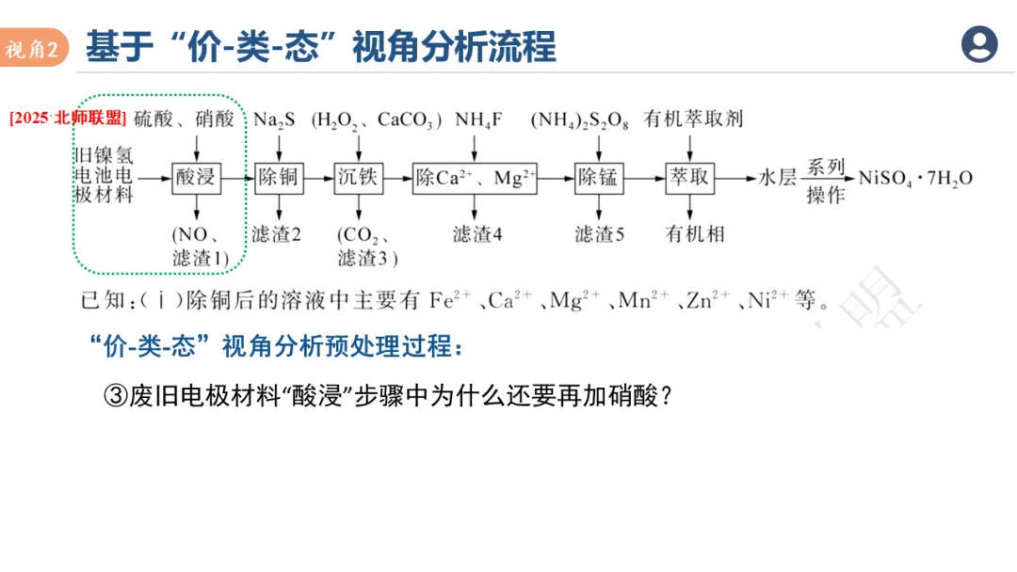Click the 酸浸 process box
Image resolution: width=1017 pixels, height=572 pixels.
196,178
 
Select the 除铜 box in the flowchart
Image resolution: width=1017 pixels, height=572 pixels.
279,178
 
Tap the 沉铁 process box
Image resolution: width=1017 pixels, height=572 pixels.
360,178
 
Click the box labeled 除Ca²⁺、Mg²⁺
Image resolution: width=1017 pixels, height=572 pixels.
475,178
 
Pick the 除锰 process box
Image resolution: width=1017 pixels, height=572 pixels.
599,178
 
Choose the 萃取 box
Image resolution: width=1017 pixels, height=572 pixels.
690,178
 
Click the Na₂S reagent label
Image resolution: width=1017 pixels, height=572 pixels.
274,119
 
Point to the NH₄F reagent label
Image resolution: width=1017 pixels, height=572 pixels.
478,119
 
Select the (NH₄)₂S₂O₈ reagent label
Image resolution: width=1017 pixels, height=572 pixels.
579,120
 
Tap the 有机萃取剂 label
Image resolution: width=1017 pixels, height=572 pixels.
693,119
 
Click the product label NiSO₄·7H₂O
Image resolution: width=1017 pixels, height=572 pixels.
914,178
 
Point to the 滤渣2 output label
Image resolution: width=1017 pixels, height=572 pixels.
276,235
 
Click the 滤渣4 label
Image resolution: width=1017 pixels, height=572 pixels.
477,235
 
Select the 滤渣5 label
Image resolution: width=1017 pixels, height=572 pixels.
600,235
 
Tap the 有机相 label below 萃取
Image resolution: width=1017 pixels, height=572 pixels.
695,233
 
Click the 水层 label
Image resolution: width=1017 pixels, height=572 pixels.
779,178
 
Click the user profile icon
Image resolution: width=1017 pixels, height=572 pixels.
979,44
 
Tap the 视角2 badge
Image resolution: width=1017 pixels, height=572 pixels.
35,49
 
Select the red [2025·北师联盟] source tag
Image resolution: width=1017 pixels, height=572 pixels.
67,119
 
